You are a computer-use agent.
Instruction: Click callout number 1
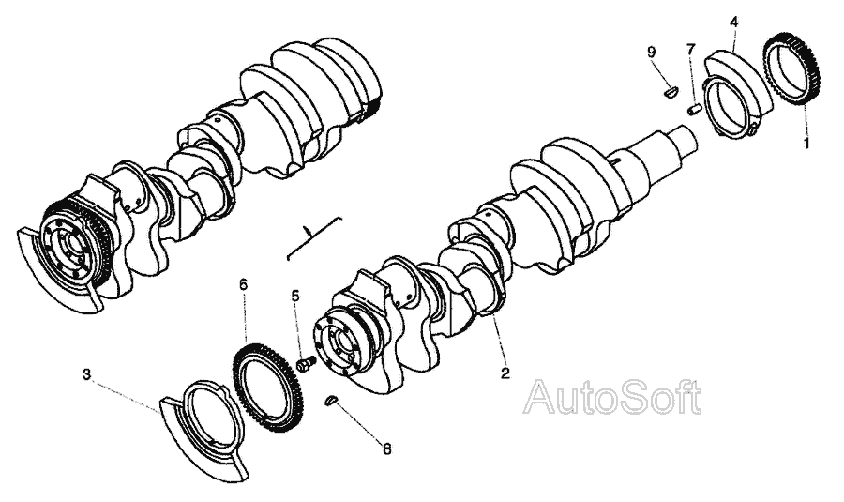805,145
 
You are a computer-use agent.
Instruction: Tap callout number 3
86,374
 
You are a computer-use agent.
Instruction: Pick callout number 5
295,296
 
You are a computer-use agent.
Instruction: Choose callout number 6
244,282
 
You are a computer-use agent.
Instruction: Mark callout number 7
691,48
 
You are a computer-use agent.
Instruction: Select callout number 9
650,51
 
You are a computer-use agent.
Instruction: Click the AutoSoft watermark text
612,398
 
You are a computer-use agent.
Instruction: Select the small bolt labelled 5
305,361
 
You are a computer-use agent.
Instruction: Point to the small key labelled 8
331,401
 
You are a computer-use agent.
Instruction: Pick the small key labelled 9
669,91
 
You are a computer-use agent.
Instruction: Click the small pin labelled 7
695,109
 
